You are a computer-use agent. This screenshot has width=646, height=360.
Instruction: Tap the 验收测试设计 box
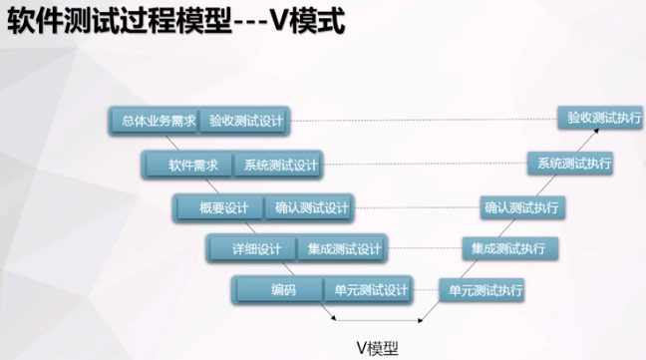click(245, 122)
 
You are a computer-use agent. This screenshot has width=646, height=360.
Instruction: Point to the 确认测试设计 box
click(312, 207)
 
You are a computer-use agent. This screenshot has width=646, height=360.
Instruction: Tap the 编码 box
click(283, 290)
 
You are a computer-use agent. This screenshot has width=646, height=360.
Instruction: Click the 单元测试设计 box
click(368, 290)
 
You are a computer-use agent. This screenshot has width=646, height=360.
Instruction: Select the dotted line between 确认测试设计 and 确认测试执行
click(414, 207)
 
